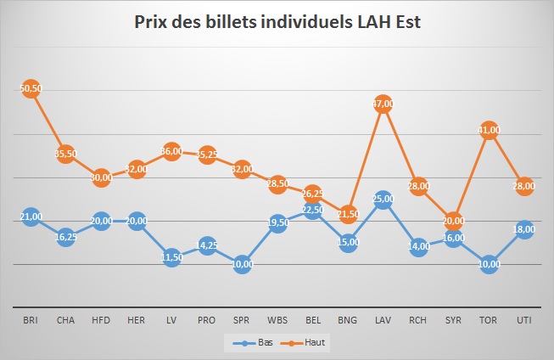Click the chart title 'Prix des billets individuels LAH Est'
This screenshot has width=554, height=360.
click(277, 21)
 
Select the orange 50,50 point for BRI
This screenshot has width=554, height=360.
click(31, 88)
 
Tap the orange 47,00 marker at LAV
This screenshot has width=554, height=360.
click(383, 104)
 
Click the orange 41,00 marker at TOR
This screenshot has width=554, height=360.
click(489, 130)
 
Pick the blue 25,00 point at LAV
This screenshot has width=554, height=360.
click(383, 200)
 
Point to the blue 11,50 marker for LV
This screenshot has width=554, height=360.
click(171, 257)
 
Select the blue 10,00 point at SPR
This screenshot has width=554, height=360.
click(242, 264)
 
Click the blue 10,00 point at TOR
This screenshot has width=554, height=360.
click(489, 264)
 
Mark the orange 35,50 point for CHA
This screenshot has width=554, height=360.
click(65, 154)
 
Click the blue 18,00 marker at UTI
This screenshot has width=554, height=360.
click(523, 229)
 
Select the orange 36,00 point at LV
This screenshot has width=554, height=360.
click(171, 151)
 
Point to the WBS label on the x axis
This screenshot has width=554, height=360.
click(277, 319)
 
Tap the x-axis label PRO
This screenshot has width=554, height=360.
click(206, 319)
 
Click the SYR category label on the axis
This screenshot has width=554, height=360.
click(453, 319)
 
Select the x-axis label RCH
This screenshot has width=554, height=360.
click(417, 319)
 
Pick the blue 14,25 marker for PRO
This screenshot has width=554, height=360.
click(206, 245)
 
